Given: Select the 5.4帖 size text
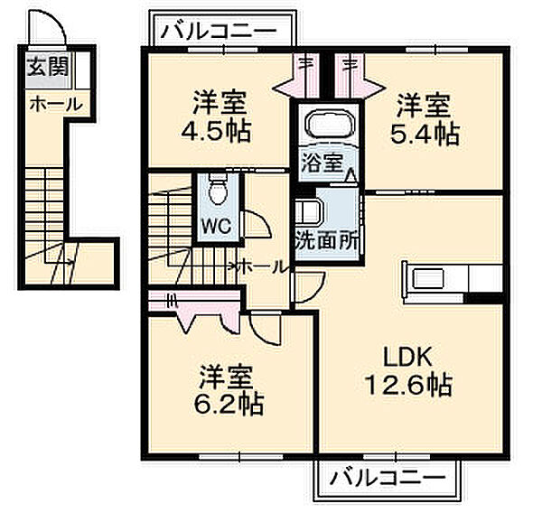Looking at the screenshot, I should [427, 134].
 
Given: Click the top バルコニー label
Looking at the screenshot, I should [220, 31].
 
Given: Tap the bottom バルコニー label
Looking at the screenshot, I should [388, 476].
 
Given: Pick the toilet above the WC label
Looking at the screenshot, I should [217, 190].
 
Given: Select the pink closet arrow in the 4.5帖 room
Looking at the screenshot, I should [294, 86].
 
